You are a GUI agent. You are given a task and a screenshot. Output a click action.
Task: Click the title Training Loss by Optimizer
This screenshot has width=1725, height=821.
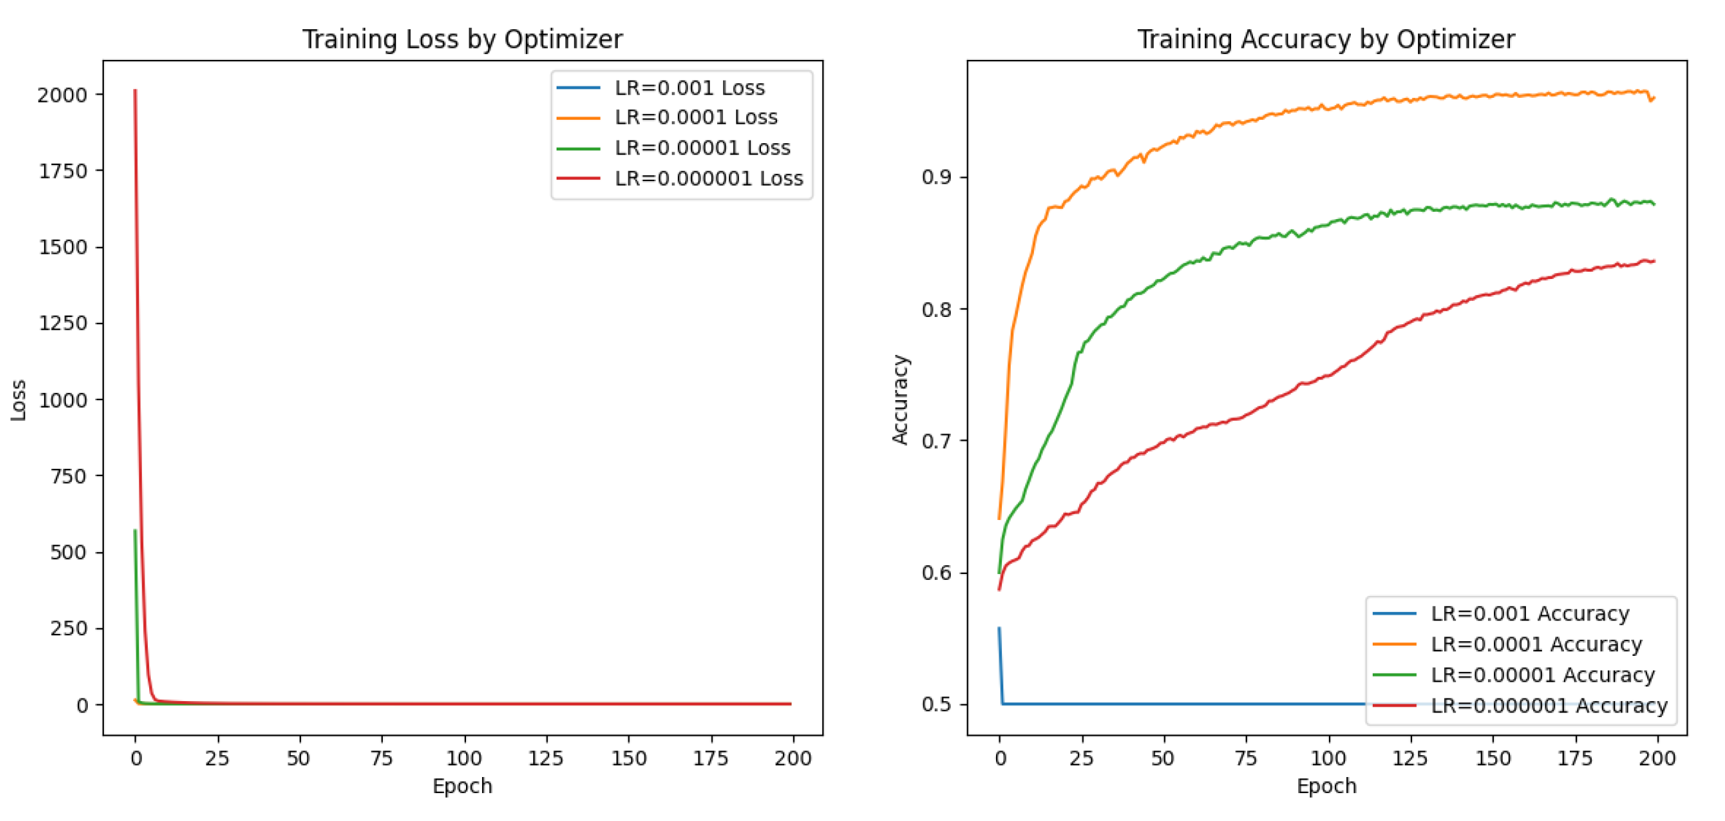click(x=462, y=39)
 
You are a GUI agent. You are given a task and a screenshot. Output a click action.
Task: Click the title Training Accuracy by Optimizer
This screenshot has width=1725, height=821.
click(x=1326, y=39)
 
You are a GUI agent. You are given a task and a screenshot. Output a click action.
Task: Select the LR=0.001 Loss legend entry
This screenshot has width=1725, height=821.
click(x=689, y=88)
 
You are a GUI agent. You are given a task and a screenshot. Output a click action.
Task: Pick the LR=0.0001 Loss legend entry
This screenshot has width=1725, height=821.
click(x=696, y=117)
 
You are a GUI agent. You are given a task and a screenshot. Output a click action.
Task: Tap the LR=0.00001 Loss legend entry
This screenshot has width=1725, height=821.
click(x=702, y=147)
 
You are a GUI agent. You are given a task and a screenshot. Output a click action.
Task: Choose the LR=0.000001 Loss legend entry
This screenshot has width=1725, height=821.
click(x=708, y=178)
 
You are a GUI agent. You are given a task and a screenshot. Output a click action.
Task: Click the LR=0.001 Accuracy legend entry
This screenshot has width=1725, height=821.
click(x=1529, y=613)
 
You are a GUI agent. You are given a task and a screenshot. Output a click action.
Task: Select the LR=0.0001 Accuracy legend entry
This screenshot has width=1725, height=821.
click(x=1536, y=644)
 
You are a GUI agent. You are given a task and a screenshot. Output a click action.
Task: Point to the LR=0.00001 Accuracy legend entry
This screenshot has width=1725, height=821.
click(x=1542, y=675)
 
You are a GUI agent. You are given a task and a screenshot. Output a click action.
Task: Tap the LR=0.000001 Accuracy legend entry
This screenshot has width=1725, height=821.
click(x=1549, y=705)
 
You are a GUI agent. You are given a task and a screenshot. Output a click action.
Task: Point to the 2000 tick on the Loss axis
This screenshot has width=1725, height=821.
click(x=63, y=95)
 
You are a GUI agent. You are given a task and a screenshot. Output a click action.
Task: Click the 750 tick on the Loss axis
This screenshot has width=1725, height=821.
click(x=69, y=476)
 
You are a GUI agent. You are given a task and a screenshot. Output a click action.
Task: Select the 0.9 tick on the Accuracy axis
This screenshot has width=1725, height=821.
click(x=936, y=178)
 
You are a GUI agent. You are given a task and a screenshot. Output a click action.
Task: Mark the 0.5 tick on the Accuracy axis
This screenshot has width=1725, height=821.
click(x=936, y=704)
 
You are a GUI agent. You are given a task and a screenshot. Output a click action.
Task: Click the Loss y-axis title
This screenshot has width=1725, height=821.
click(x=18, y=400)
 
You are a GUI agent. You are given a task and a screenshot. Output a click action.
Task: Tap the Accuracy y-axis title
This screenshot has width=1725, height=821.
click(x=900, y=400)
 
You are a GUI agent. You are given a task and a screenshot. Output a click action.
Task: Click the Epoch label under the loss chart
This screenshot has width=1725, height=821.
click(x=462, y=786)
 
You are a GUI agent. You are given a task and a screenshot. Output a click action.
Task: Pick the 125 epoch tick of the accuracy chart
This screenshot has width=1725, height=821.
click(x=1410, y=758)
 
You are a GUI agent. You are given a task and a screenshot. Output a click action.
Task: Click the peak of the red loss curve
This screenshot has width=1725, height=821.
click(x=135, y=91)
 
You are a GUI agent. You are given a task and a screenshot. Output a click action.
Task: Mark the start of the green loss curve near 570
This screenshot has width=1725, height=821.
click(x=135, y=531)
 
